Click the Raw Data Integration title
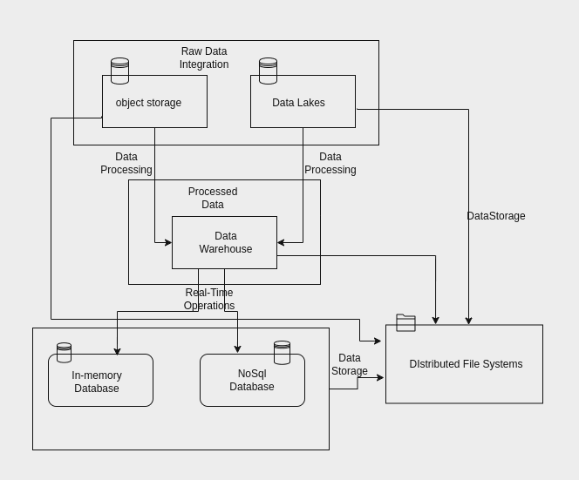pyautogui.click(x=204, y=57)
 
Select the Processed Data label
pyautogui.click(x=213, y=198)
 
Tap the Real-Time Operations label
pyautogui.click(x=209, y=299)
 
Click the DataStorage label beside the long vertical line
pyautogui.click(x=495, y=216)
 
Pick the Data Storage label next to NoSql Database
pyautogui.click(x=349, y=364)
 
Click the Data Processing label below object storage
pyautogui.click(x=126, y=163)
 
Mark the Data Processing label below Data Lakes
pyautogui.click(x=330, y=163)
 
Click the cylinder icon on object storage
pyautogui.click(x=119, y=71)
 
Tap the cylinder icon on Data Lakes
pyautogui.click(x=268, y=71)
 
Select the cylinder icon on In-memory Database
pyautogui.click(x=64, y=352)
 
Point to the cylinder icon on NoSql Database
pyautogui.click(x=282, y=352)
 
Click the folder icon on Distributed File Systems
pyautogui.click(x=405, y=322)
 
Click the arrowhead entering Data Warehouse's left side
pyautogui.click(x=168, y=243)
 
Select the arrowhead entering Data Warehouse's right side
pyautogui.click(x=281, y=243)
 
